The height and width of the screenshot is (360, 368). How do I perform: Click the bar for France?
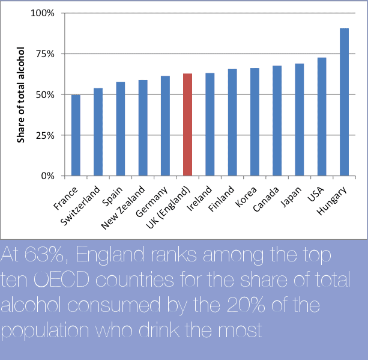(76, 135)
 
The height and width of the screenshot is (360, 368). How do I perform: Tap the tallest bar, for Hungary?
(344, 102)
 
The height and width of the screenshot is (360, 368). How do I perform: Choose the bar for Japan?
(299, 120)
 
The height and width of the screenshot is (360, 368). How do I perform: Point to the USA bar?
(322, 117)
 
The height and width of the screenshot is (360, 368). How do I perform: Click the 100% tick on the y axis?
(43, 13)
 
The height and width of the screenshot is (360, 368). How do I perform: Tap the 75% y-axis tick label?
(45, 54)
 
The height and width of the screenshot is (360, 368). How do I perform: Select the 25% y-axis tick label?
(45, 135)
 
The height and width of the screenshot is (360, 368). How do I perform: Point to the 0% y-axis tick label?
(48, 176)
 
